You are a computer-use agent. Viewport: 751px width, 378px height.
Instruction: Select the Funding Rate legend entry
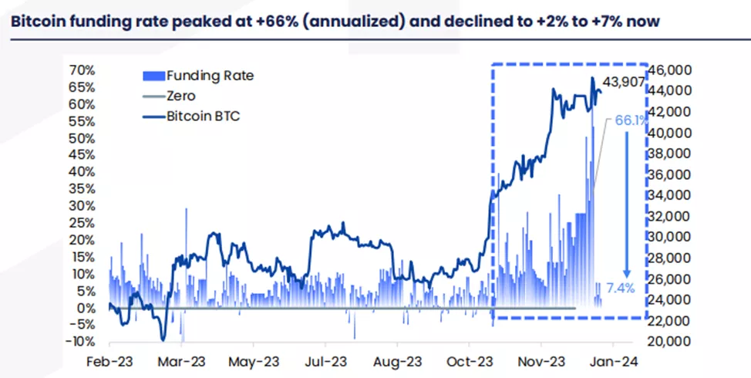(209, 76)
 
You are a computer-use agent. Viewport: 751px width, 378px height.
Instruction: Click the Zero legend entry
(180, 96)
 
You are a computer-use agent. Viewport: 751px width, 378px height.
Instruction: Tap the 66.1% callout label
(631, 120)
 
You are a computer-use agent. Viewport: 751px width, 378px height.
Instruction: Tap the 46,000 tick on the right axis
(673, 70)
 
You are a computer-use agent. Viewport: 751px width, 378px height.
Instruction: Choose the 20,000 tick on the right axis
(673, 342)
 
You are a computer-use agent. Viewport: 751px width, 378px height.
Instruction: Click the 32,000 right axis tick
(673, 217)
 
